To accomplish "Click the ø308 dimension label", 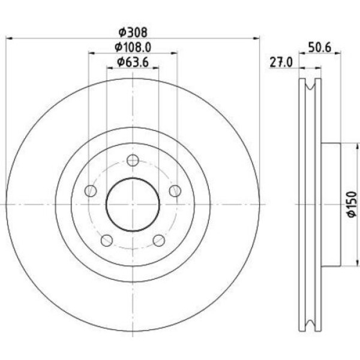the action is (x=133, y=32).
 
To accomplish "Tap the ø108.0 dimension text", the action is (x=133, y=47).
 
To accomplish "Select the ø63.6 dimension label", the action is (x=133, y=62).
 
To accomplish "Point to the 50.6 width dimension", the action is (x=320, y=48).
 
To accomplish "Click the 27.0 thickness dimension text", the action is (x=281, y=62).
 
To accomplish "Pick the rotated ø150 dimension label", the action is (x=352, y=204).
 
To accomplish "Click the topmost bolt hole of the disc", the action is (x=133, y=160).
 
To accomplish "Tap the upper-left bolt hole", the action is (x=91, y=191).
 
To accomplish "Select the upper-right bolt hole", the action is (x=175, y=191).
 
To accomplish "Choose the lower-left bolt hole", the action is (x=107, y=241).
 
